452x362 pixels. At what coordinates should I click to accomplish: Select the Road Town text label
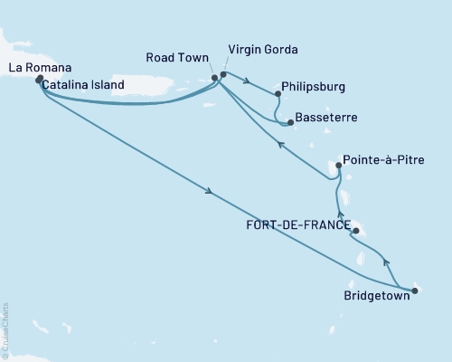(174, 56)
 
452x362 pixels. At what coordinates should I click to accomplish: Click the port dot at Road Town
(214, 78)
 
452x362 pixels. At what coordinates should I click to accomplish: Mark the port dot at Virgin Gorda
(223, 73)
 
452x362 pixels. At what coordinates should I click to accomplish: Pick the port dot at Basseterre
(288, 122)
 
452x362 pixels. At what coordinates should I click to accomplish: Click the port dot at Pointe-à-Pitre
(337, 166)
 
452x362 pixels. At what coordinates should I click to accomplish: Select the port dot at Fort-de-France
(355, 232)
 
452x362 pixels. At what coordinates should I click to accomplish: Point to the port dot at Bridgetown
(415, 291)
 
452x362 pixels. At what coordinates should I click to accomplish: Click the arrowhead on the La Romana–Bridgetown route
(211, 191)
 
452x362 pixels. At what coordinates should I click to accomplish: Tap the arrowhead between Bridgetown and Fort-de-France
(387, 263)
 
